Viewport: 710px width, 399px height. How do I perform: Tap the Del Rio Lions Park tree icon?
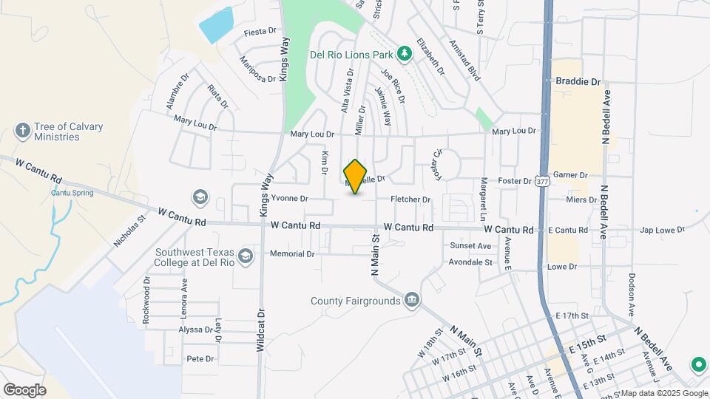(x=404, y=52)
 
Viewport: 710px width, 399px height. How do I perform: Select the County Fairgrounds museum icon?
(x=412, y=300)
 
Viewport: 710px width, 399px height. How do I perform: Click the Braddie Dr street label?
(x=578, y=81)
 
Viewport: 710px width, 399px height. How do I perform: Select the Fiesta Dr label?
(x=260, y=32)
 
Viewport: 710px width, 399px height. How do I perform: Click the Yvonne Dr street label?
(x=289, y=199)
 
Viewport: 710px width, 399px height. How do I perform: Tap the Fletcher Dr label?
(x=410, y=199)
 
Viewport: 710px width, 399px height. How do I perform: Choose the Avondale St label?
(x=471, y=262)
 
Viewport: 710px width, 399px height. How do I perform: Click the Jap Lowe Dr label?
(x=663, y=231)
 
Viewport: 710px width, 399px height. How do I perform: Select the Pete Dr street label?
(x=200, y=359)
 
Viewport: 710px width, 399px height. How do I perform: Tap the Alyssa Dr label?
(x=196, y=330)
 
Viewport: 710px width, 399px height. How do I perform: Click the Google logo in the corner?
(x=24, y=389)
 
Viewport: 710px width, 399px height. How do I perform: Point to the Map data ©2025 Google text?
(x=663, y=393)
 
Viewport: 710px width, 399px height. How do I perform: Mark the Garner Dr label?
(x=569, y=175)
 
